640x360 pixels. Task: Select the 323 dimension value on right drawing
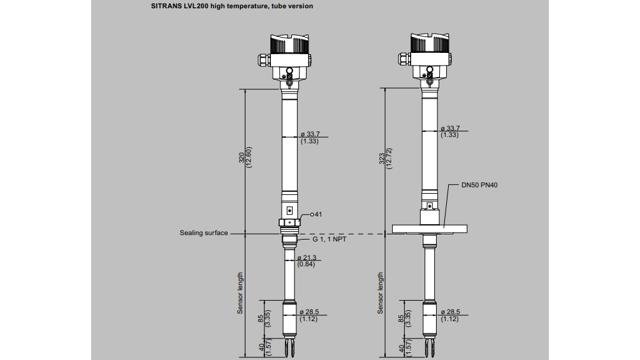381,159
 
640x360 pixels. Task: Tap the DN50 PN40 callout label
480,185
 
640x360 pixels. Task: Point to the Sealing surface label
203,233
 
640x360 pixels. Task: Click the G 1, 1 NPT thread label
329,240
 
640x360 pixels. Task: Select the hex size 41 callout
316,214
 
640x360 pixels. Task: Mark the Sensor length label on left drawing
240,293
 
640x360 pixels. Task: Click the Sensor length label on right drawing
381,293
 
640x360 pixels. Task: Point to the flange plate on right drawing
429,229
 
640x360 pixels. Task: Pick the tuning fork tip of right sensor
429,349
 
